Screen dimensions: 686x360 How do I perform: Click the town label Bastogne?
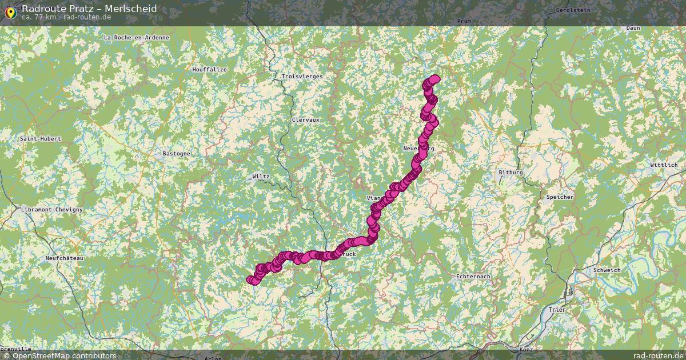point(176,154)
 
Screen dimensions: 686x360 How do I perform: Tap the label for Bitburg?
point(510,172)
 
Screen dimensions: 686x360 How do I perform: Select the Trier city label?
point(556,310)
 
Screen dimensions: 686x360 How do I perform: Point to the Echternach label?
point(473,277)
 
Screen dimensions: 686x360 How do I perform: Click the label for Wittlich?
point(663,165)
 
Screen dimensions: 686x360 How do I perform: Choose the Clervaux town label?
point(305,120)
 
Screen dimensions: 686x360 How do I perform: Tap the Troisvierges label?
point(302,77)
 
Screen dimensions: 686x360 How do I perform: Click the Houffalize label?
point(209,70)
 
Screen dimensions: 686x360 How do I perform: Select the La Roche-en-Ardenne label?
point(137,38)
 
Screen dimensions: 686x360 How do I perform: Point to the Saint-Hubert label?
point(40,139)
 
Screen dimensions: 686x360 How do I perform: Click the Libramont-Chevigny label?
point(51,210)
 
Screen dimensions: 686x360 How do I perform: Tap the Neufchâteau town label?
point(64,258)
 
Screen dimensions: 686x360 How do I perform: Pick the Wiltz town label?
point(261,177)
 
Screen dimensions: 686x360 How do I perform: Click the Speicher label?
point(560,197)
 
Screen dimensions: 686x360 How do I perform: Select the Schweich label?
point(607,270)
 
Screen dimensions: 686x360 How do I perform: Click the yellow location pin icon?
point(10,11)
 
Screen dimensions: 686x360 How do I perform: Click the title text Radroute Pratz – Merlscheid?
point(89,9)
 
